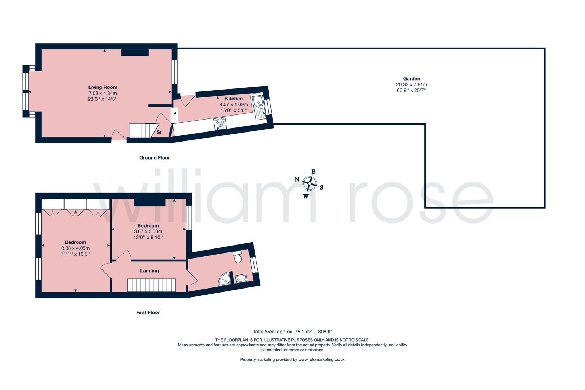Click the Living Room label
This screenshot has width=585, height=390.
(103, 87)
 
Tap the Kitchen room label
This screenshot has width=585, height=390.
(234, 99)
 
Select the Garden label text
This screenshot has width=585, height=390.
(411, 78)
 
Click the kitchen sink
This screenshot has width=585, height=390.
(259, 107)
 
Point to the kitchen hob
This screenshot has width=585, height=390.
(220, 123)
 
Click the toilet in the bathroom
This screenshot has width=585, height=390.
(238, 257)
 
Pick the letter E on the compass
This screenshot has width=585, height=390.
(313, 172)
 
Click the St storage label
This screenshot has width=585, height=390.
(159, 132)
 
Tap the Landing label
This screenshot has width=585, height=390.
(149, 270)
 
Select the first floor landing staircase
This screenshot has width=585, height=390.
(151, 285)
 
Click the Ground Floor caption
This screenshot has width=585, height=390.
(155, 157)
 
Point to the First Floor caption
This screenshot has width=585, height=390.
(148, 312)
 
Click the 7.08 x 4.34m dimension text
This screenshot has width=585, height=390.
(103, 93)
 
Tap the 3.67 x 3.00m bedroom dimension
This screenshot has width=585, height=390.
(148, 231)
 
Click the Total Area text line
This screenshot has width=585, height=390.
(292, 331)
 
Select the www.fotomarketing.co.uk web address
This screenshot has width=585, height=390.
(321, 359)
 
